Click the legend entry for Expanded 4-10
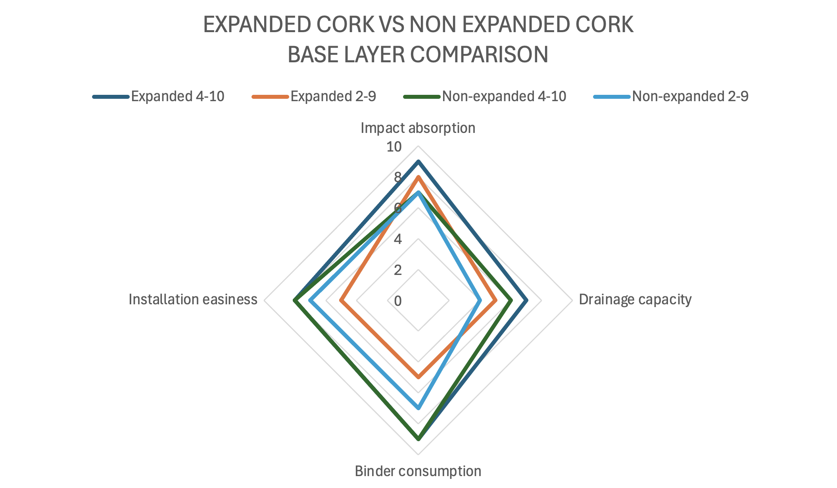(x=159, y=96)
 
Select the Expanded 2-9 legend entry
(x=314, y=96)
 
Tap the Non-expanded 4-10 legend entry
(x=485, y=96)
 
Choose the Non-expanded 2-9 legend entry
(x=671, y=96)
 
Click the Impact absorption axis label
(x=418, y=128)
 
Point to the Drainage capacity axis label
(x=635, y=300)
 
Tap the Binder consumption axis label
(x=418, y=471)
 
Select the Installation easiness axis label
(x=193, y=300)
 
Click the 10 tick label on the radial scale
(x=394, y=147)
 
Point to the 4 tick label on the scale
(x=397, y=239)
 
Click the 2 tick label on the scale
(x=397, y=270)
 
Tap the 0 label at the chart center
(x=397, y=301)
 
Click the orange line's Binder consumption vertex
(x=418, y=377)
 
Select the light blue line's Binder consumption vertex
(x=418, y=408)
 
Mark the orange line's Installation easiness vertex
(x=341, y=301)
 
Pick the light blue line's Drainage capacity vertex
(x=480, y=301)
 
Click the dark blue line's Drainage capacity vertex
(x=526, y=301)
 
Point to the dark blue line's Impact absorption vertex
(x=418, y=161)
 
